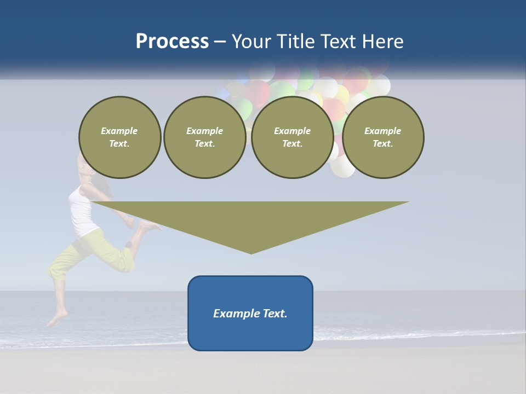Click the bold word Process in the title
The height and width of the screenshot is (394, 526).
[x=172, y=42]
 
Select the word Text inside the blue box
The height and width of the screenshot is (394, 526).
[x=276, y=314]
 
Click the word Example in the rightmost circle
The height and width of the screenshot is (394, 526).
[x=382, y=131]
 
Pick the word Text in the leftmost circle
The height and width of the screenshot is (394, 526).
[x=119, y=144]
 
